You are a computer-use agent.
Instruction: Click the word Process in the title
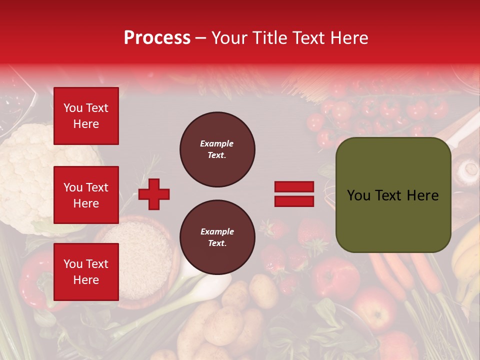pos(157,38)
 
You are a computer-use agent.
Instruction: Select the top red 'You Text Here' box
pos(86,116)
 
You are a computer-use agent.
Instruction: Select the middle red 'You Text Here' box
pos(86,195)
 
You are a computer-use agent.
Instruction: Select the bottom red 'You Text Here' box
pos(86,272)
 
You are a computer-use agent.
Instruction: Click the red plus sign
pos(154,193)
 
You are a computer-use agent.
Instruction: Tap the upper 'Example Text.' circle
pos(217,149)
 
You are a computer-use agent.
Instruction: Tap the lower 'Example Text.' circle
pos(217,237)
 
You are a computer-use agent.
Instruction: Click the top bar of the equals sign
pos(294,187)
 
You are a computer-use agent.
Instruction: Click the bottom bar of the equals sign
pos(294,201)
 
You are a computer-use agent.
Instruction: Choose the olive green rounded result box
pos(393,195)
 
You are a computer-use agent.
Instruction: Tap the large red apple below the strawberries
pos(335,277)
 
